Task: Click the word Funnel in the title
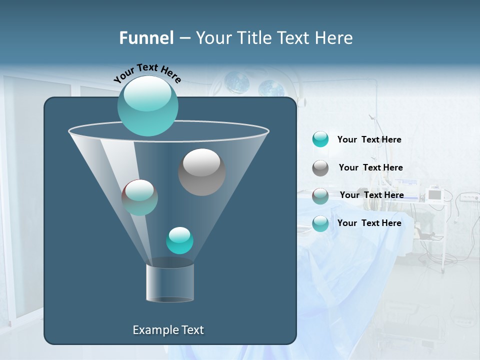click(x=146, y=38)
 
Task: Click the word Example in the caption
click(x=151, y=330)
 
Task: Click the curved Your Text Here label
click(x=147, y=73)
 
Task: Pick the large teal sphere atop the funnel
click(x=147, y=106)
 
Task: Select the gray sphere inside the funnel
click(x=201, y=172)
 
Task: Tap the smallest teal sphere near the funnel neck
click(x=179, y=240)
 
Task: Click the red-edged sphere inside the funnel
click(x=139, y=197)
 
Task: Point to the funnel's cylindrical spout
click(x=170, y=282)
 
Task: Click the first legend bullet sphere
click(x=320, y=139)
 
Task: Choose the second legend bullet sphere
click(x=320, y=168)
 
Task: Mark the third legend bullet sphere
click(x=320, y=196)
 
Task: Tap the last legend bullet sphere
click(x=320, y=223)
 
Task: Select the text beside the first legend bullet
click(x=369, y=139)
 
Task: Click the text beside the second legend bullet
click(x=370, y=167)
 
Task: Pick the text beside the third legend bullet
click(x=371, y=195)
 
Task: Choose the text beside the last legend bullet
click(x=369, y=223)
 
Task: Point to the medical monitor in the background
click(x=435, y=194)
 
